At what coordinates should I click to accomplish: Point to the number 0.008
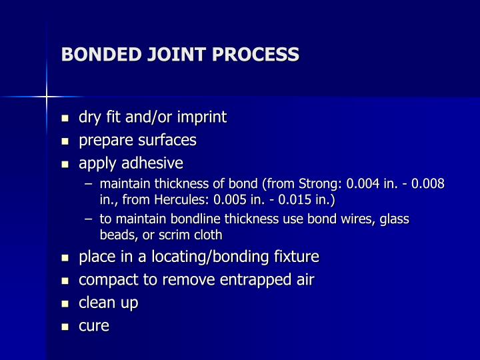point(427,183)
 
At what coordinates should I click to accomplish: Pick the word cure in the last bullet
point(94,326)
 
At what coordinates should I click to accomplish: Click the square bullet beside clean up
point(65,303)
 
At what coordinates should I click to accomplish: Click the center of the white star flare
point(47,97)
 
